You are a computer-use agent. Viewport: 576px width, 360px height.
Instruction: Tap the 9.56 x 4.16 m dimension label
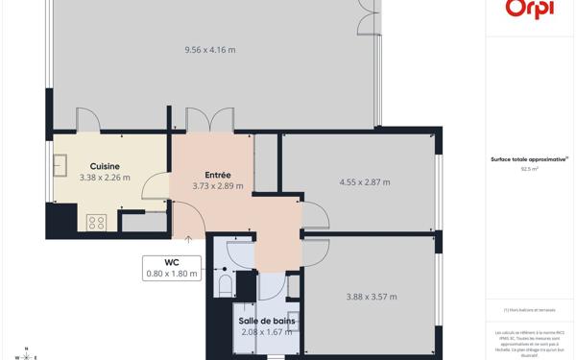point(209,50)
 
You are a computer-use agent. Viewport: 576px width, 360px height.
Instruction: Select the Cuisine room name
point(105,166)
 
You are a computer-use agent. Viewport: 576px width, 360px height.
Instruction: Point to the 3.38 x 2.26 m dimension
point(105,178)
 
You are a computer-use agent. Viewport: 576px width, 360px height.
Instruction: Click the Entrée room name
point(217,175)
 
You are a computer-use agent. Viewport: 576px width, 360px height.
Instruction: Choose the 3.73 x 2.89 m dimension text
point(217,186)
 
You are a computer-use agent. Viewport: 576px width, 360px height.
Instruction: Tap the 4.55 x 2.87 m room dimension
point(365,182)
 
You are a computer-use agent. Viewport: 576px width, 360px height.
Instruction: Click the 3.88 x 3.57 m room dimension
point(372,297)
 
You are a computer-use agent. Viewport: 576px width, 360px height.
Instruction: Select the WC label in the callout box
point(172,262)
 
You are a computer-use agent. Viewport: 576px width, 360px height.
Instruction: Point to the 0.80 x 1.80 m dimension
point(172,274)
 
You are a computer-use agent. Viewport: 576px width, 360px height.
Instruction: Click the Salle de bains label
point(266,321)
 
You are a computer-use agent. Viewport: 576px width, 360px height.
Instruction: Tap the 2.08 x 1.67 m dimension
point(266,332)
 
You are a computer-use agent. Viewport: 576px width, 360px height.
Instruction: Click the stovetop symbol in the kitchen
point(96,222)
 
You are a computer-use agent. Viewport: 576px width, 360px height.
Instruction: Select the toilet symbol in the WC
point(226,284)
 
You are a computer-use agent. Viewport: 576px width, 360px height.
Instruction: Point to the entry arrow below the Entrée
point(189,239)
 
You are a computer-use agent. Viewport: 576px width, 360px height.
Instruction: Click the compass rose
point(26,352)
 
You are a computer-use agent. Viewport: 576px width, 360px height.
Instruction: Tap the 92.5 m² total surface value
point(529,168)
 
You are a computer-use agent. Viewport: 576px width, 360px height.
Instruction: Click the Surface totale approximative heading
point(529,159)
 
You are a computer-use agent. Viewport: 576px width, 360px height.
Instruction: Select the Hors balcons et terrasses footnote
point(529,310)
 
